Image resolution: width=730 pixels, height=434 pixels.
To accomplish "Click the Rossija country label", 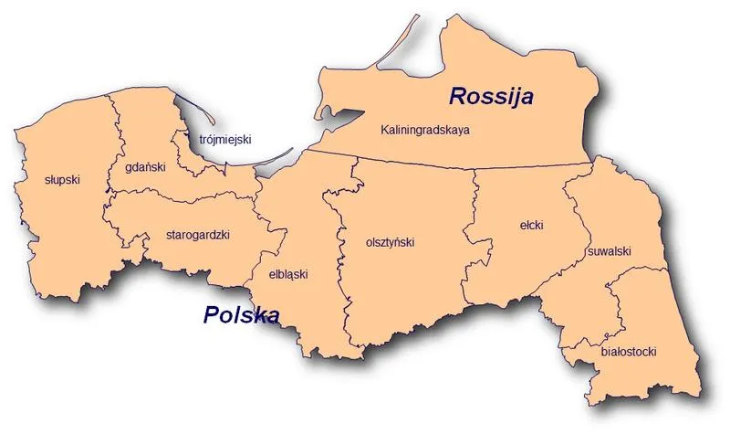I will pos(491,96).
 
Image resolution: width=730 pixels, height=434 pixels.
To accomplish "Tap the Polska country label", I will pos(240,316).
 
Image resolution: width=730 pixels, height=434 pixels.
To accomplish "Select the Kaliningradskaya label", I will pos(425,132).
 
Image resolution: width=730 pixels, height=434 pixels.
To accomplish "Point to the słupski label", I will pos(62,180).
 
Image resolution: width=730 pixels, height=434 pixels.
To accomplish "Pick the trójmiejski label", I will pos(224,140).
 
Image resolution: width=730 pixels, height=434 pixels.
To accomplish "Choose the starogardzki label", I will pos(198,234).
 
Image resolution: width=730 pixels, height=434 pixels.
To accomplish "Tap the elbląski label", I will pos(288,273).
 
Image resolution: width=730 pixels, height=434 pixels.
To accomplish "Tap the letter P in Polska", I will pos(210,316).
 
